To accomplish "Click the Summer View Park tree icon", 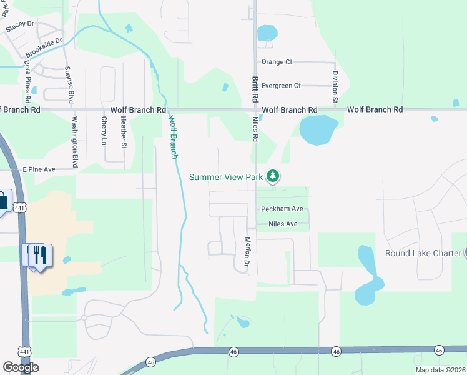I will [x=272, y=177].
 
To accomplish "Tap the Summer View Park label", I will [x=226, y=177].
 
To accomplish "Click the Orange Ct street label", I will [x=277, y=62].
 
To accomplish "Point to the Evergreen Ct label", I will [x=281, y=86].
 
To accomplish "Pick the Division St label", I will [x=335, y=86].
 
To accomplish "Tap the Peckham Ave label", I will [x=282, y=209].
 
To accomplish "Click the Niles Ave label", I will [x=282, y=224].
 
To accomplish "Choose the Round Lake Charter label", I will [x=423, y=253].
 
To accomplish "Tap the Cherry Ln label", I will [x=104, y=131].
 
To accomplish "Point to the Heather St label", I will [x=124, y=132].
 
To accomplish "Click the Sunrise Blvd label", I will [x=70, y=84].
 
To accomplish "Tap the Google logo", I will [x=21, y=367].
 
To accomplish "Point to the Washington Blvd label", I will [x=74, y=142].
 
